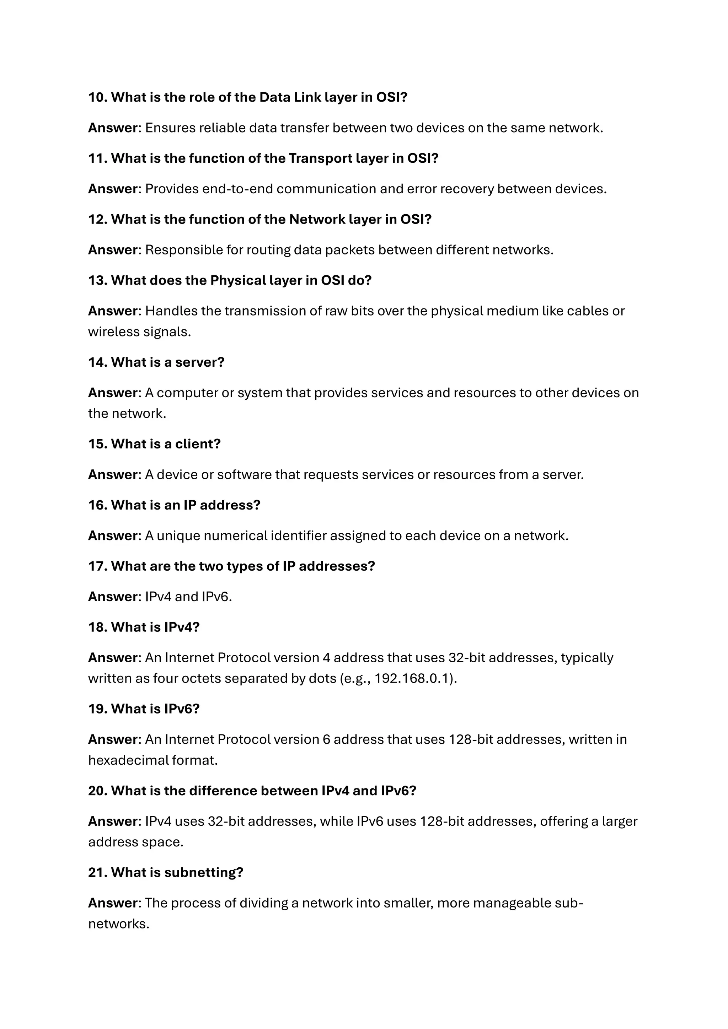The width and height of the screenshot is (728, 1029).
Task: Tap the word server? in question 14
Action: coord(199,362)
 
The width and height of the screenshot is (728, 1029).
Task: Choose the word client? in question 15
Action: coord(198,444)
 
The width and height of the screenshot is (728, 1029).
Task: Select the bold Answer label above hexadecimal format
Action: coord(113,739)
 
